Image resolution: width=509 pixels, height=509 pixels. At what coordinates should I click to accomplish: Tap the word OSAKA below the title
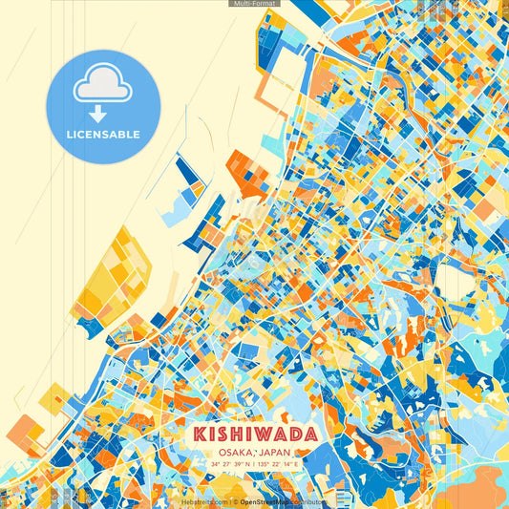(234, 452)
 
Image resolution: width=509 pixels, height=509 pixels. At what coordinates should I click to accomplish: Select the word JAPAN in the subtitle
(272, 452)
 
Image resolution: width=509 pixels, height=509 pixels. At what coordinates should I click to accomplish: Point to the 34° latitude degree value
(216, 464)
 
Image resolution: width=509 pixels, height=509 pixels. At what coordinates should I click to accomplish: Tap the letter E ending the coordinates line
(296, 464)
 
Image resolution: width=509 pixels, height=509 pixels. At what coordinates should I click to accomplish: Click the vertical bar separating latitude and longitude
(253, 464)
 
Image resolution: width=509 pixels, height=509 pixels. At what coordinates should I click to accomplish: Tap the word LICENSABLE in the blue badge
(104, 135)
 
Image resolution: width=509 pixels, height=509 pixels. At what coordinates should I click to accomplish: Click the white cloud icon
(103, 85)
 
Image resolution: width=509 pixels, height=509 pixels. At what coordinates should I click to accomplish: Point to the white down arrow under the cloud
(98, 114)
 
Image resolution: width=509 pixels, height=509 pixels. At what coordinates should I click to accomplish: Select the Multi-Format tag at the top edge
(254, 4)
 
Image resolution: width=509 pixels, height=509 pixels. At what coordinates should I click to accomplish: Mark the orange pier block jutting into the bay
(245, 172)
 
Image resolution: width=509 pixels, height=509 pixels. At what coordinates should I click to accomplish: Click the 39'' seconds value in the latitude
(236, 464)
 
